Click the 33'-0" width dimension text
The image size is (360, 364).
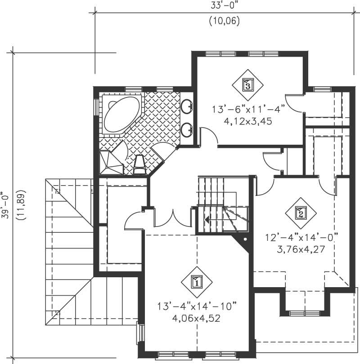(224, 7)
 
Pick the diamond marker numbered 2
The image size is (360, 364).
(301, 213)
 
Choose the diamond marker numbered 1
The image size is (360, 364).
(197, 282)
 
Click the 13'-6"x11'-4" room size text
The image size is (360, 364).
(249, 109)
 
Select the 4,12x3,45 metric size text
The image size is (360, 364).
(249, 121)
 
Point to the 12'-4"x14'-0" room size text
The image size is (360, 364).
(301, 237)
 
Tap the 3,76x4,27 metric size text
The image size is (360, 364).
(301, 248)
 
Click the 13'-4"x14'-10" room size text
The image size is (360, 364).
(197, 306)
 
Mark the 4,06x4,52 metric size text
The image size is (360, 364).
(197, 318)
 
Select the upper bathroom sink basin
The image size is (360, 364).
(188, 107)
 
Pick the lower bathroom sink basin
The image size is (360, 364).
(188, 129)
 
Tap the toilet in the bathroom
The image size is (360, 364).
(140, 165)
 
